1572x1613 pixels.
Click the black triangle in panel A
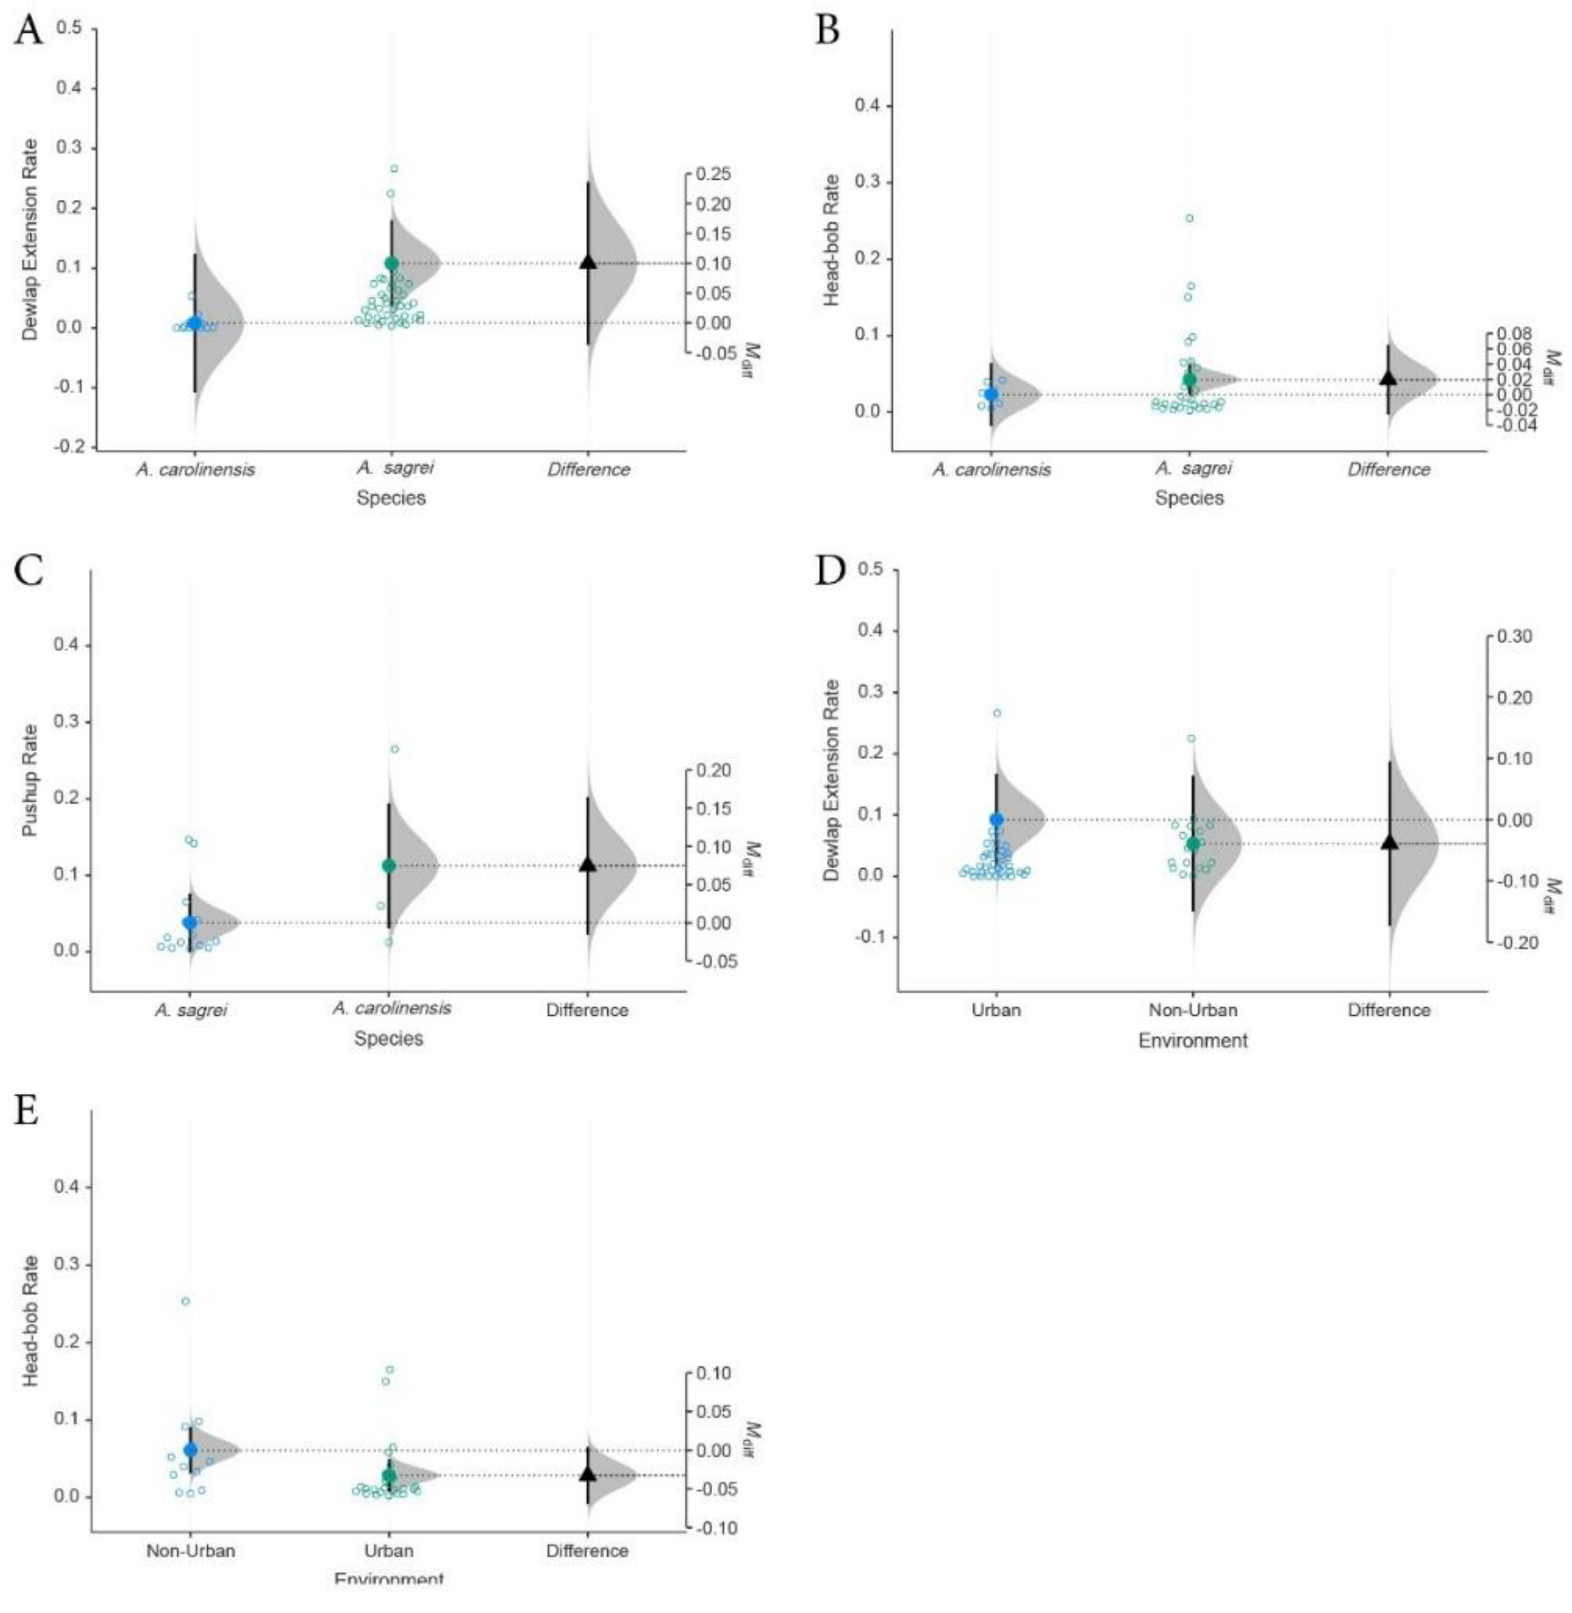pos(588,261)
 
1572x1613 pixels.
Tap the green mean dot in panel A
pos(391,264)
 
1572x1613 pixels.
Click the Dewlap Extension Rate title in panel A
pos(30,239)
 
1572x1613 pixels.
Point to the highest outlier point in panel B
pos(1190,218)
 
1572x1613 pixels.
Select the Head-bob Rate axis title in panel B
pos(832,239)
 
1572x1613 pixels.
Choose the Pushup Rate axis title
pos(30,780)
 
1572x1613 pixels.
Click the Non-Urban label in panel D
pos(1193,1010)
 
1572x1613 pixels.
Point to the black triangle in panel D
pos(1389,842)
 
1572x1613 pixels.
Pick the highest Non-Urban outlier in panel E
pos(186,1301)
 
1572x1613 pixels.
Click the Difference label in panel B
pos(1389,470)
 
